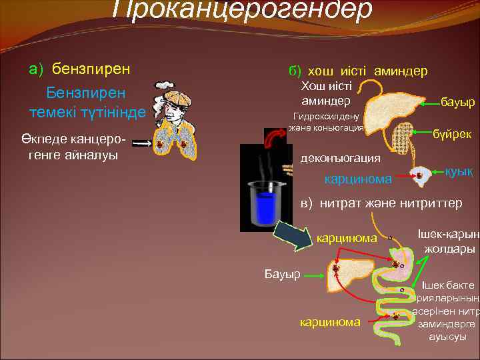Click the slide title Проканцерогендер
pyautogui.click(x=241, y=10)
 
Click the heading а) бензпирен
pyautogui.click(x=79, y=69)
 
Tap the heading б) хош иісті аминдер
pyautogui.click(x=357, y=71)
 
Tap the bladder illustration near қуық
pyautogui.click(x=420, y=175)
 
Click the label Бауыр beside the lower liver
pyautogui.click(x=282, y=274)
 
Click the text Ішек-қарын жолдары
pyautogui.click(x=448, y=241)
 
